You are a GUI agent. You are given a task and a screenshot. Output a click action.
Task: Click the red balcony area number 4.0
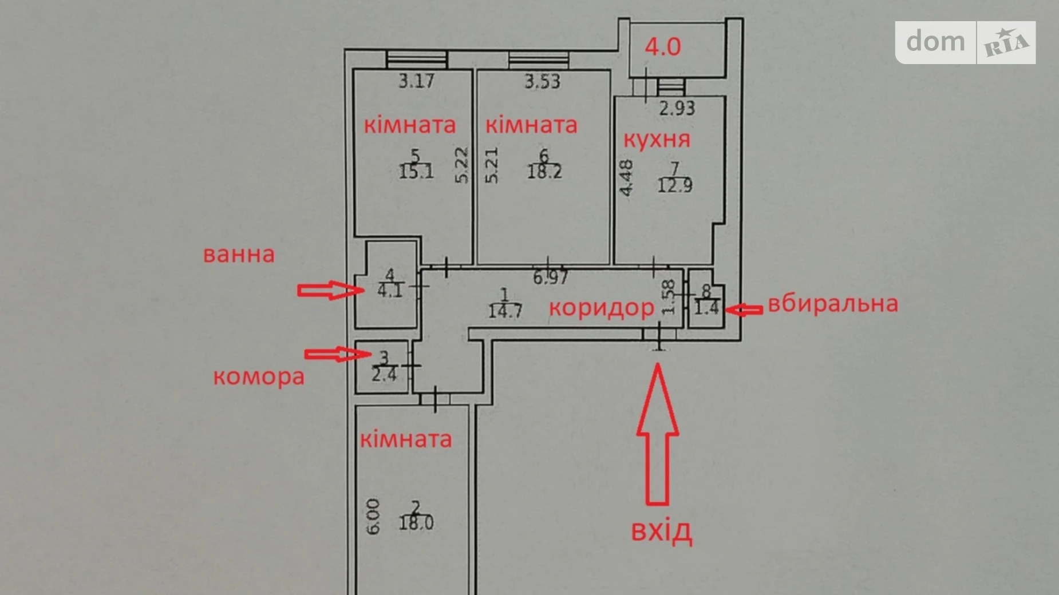click(x=663, y=46)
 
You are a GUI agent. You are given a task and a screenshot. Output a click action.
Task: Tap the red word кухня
click(x=657, y=139)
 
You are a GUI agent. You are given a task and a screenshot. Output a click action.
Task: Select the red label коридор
click(x=601, y=308)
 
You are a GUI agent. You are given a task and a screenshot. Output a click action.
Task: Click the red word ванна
click(x=239, y=254)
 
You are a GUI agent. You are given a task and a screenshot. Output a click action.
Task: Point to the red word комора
click(x=259, y=377)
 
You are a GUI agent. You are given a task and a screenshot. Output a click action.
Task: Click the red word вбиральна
click(x=832, y=304)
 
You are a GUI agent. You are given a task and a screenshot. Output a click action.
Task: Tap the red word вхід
click(x=661, y=531)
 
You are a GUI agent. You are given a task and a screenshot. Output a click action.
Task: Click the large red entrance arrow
click(x=658, y=435)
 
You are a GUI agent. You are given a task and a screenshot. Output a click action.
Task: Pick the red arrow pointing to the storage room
click(x=337, y=354)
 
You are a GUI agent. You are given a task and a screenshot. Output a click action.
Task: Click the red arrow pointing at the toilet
click(x=744, y=310)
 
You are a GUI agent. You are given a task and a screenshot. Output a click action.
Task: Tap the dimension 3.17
click(x=416, y=81)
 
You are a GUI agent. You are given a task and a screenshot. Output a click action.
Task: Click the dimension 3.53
click(x=542, y=81)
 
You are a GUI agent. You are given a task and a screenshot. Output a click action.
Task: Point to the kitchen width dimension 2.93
click(x=677, y=108)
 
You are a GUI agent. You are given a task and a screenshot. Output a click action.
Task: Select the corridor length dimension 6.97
click(x=550, y=277)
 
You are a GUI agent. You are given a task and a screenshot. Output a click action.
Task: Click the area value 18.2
click(x=544, y=171)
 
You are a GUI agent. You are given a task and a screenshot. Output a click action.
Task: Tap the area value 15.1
click(x=416, y=171)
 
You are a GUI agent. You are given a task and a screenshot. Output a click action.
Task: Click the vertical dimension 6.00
click(x=373, y=516)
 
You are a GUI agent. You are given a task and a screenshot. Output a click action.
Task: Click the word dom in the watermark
click(x=935, y=42)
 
